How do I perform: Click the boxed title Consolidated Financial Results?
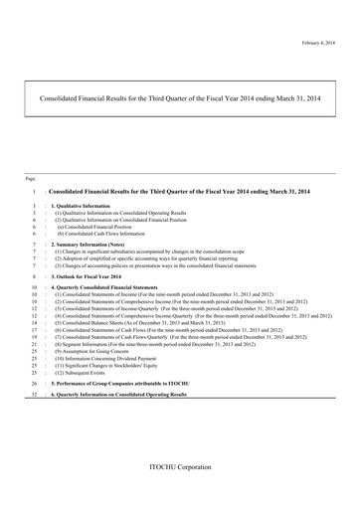click(179, 99)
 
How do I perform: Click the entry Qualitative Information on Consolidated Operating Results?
click(120, 213)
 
